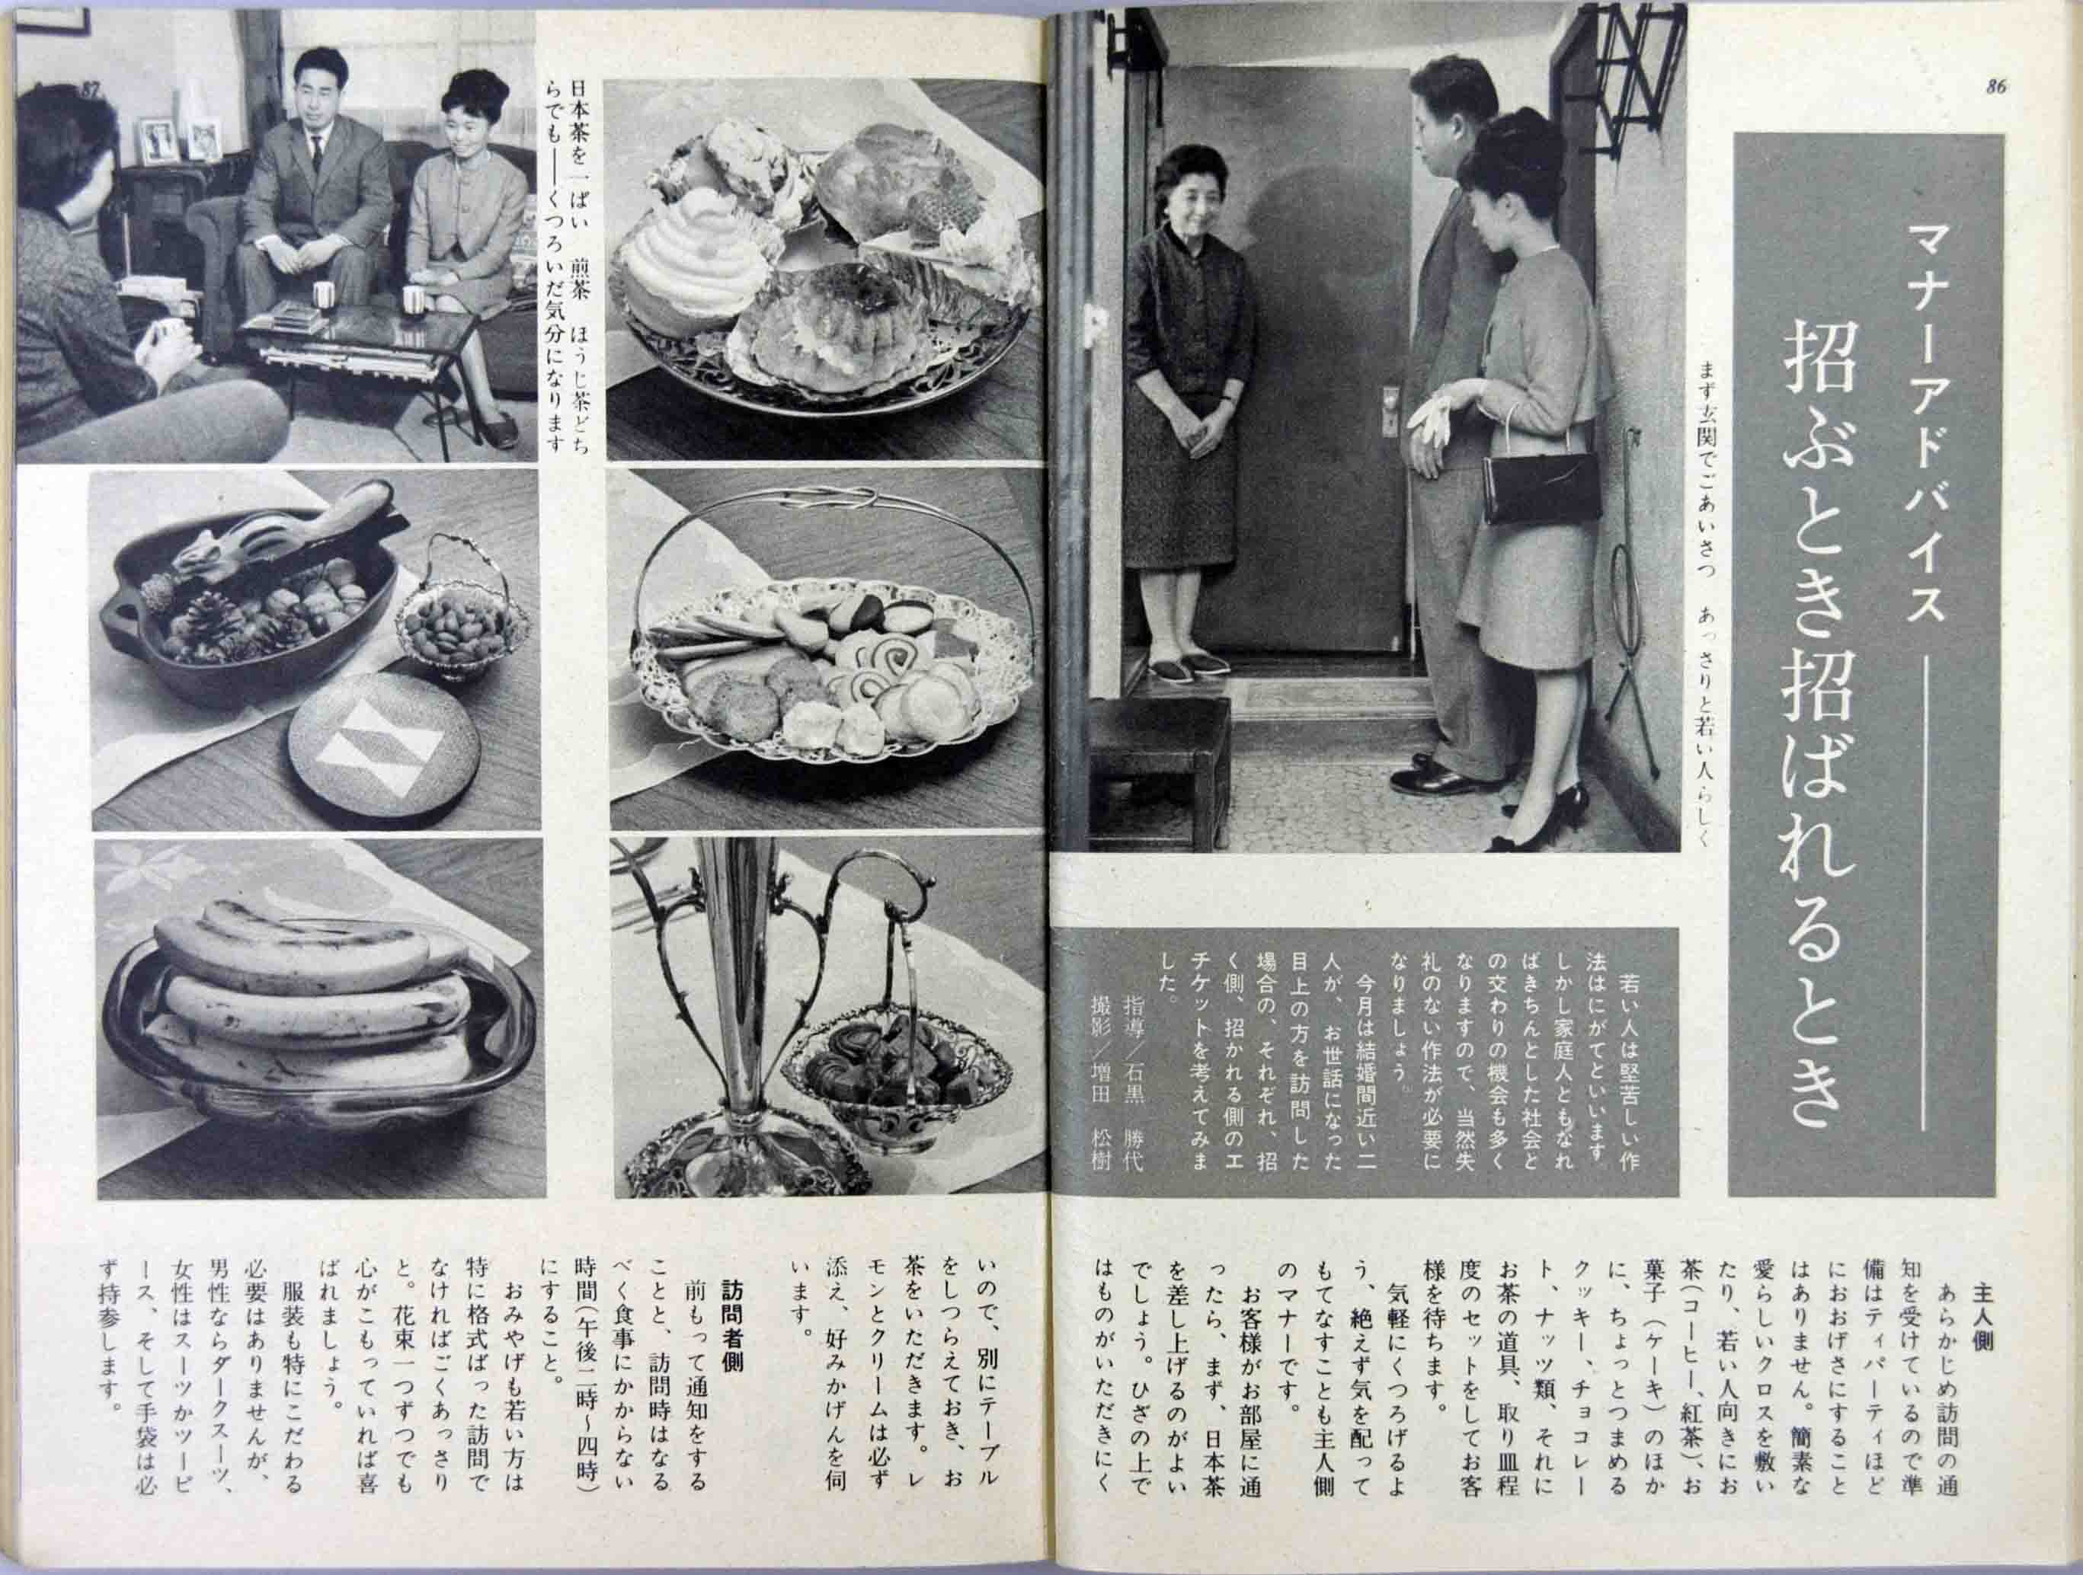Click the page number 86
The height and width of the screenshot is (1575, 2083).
click(x=1994, y=87)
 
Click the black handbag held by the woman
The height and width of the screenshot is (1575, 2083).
click(x=1541, y=487)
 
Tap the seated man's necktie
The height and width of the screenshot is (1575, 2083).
click(x=318, y=155)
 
